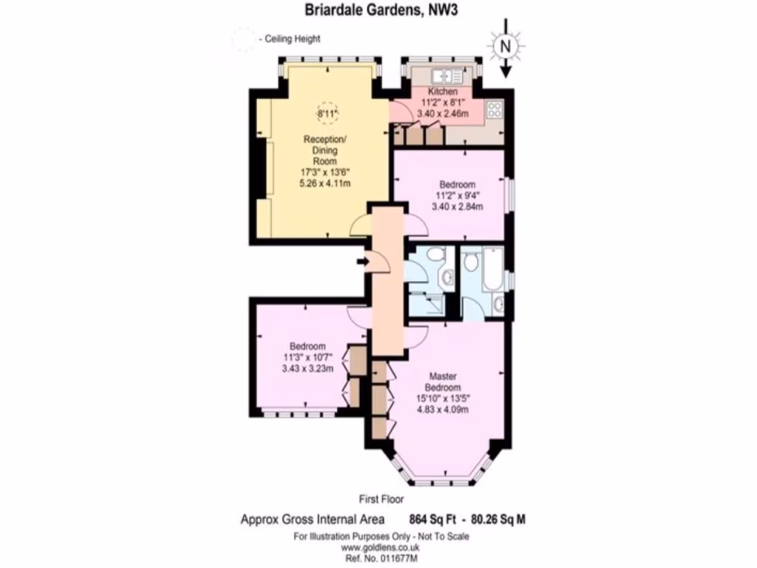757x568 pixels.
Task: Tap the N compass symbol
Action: tap(506, 46)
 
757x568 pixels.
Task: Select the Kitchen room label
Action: tap(443, 92)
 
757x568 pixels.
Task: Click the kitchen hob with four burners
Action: tap(495, 111)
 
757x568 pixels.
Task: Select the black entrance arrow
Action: tap(362, 261)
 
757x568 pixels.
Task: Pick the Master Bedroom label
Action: tap(444, 382)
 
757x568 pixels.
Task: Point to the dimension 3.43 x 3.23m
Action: tap(308, 369)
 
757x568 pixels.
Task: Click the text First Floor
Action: tap(381, 499)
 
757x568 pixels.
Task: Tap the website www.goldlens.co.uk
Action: tap(381, 548)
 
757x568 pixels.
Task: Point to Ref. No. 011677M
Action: tap(381, 559)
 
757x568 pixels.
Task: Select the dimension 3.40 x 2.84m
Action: tap(458, 206)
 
